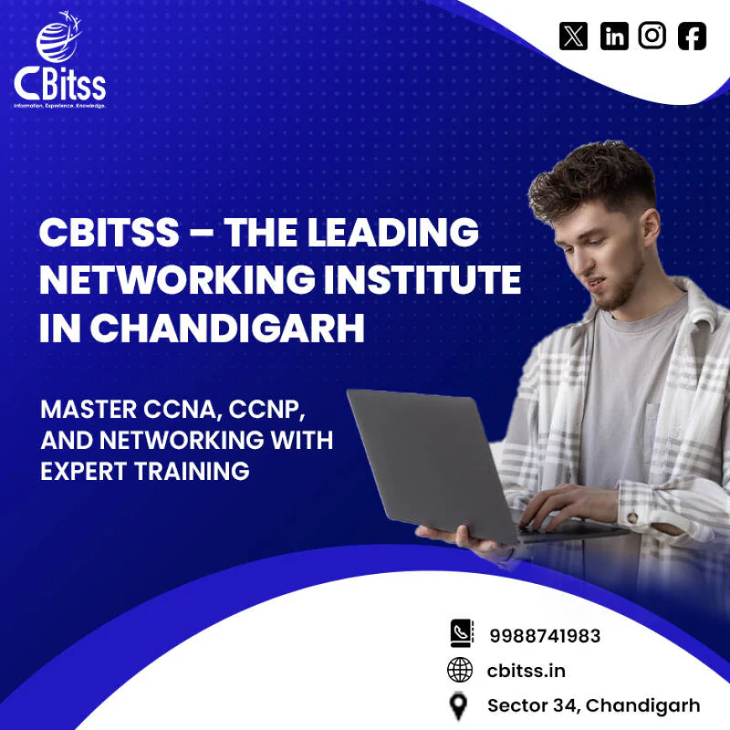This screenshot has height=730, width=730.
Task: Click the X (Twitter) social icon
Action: (573, 35)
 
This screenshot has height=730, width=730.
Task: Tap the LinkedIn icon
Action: (613, 35)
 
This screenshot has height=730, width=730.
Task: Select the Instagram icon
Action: (653, 35)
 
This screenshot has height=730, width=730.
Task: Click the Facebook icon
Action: (692, 35)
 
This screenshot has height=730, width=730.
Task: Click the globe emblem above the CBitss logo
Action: (56, 40)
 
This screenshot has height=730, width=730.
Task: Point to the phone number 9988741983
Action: (545, 636)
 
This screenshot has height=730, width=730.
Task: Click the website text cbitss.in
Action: (526, 670)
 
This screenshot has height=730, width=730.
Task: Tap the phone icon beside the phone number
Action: (461, 634)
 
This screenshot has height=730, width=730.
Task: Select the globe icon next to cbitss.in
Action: (460, 670)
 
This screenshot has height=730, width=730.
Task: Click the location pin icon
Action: (458, 707)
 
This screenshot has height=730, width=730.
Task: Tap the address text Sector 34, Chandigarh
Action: (593, 706)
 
